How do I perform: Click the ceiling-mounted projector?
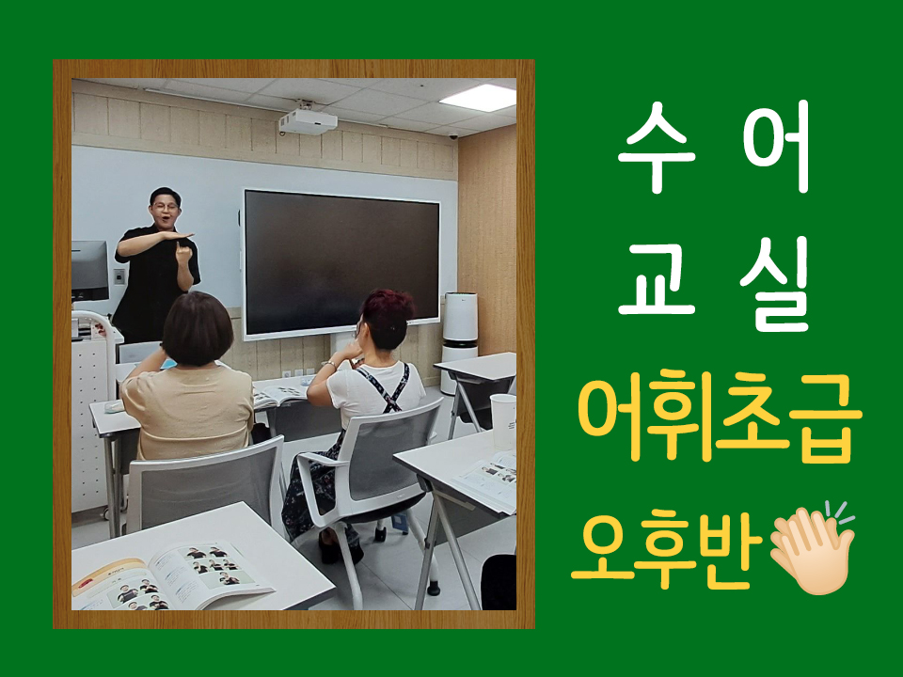pos(308,122)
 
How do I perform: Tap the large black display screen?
pos(341,263)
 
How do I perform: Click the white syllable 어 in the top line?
pos(776,147)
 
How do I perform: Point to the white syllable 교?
pos(657,279)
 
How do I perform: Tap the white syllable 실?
pos(776,284)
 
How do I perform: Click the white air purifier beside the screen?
pos(460,342)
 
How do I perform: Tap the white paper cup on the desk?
pos(502,421)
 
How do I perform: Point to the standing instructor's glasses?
pos(166,206)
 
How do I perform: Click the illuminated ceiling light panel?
pos(478,97)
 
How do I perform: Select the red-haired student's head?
pos(387,320)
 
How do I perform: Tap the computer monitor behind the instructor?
pos(90,271)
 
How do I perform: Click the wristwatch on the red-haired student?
pos(330,364)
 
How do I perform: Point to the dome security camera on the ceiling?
pos(453,137)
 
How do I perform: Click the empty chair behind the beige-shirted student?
pos(204,485)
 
